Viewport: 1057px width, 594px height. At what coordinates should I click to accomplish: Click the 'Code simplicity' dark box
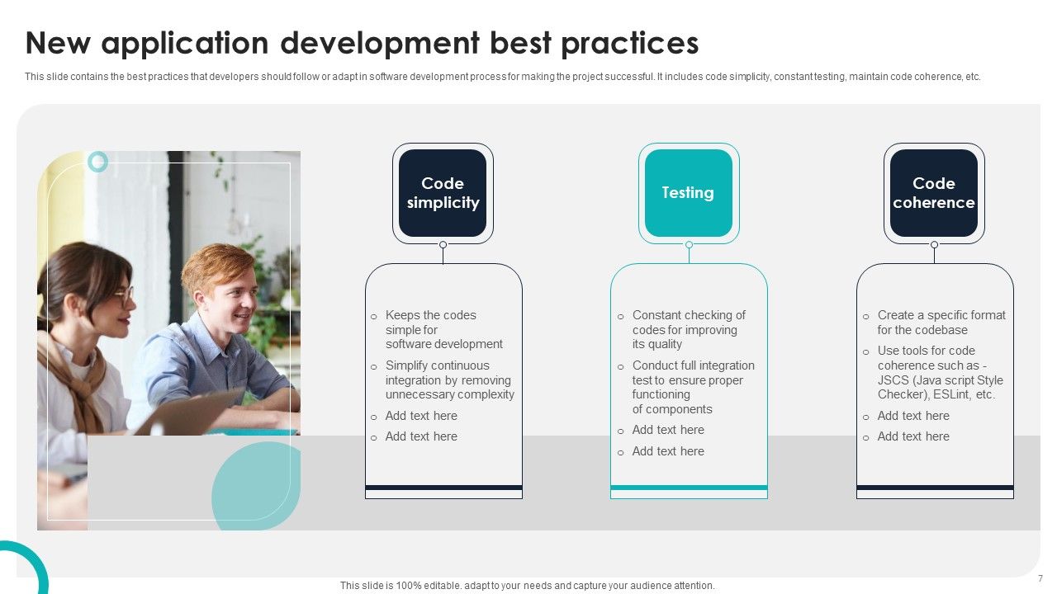pos(443,193)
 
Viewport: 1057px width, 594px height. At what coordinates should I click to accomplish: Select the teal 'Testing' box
pos(688,193)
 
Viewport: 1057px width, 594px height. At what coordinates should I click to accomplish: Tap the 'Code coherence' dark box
pos(933,193)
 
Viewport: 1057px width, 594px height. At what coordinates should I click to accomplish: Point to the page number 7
pos(1040,578)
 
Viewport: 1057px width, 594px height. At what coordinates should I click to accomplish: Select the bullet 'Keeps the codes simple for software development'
pos(443,329)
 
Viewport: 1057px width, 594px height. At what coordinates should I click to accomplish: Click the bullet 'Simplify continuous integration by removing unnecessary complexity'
pos(449,379)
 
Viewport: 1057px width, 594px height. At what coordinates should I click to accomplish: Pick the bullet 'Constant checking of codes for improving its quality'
pos(688,329)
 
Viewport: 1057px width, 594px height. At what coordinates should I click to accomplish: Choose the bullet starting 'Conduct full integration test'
pos(693,387)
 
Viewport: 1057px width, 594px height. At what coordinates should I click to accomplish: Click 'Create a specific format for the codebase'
pos(941,322)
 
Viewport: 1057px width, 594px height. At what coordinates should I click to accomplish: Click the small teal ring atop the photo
pos(98,162)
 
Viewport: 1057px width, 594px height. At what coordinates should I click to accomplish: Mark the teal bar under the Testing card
pos(689,488)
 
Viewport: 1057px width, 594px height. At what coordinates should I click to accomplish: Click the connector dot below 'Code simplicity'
pos(443,245)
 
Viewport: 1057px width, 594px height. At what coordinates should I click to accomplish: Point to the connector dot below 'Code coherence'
pos(934,245)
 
